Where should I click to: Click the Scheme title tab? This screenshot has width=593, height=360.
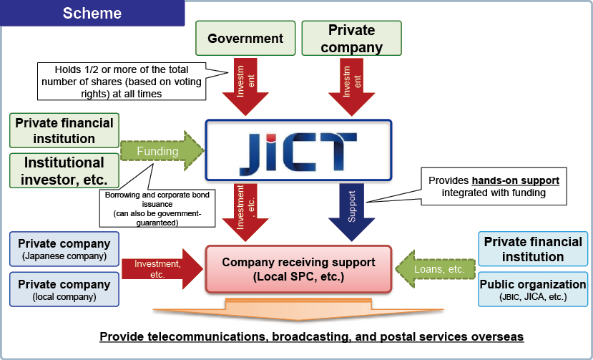[x=92, y=14]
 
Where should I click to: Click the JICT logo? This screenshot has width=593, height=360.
[x=298, y=150]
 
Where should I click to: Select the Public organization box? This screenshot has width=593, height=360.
[x=532, y=288]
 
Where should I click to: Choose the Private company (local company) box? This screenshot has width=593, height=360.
[x=64, y=288]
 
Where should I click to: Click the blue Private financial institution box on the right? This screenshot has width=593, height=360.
[x=533, y=249]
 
